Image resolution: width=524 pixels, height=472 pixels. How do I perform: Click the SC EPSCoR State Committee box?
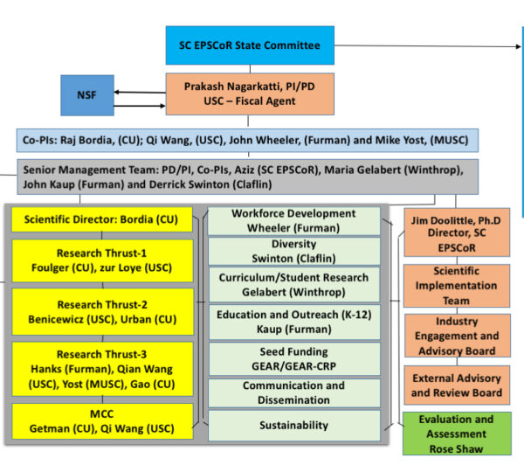pos(250,45)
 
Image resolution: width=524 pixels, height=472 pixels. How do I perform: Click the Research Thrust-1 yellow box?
pos(102,260)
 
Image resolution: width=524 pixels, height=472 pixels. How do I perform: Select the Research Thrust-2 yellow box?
pos(102,312)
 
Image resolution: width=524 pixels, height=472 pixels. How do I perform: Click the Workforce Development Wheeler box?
pos(293,221)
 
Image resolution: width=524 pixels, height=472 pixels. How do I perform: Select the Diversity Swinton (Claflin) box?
pos(293,252)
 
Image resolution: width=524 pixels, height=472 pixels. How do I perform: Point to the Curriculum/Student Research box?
pos(293,283)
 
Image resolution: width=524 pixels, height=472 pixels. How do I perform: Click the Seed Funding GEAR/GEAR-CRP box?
pos(293,357)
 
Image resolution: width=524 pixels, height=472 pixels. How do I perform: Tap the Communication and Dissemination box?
pos(293,392)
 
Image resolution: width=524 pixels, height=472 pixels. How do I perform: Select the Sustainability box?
pos(293,425)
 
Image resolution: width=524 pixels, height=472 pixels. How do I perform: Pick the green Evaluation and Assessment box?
pos(456,433)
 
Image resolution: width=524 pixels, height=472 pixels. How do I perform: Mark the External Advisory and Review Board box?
pos(456,385)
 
